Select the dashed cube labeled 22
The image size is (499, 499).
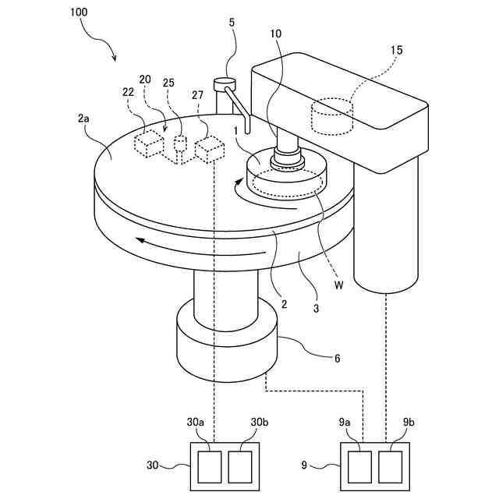point(148,143)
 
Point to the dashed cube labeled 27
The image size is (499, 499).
point(209,149)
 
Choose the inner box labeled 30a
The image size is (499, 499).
point(210,466)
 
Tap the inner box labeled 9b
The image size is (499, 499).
point(391,466)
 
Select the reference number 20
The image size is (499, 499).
point(145,79)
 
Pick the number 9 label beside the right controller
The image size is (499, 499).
point(304,466)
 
